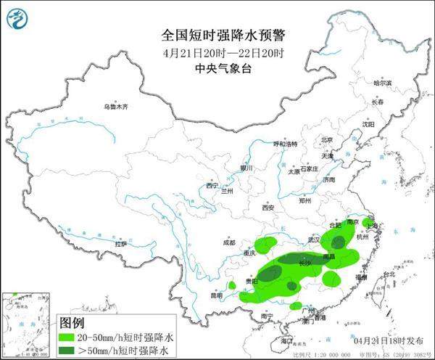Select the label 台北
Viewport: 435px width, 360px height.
[x=389, y=274]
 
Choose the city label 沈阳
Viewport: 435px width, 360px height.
[x=369, y=125]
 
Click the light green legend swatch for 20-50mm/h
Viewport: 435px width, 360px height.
[x=74, y=337]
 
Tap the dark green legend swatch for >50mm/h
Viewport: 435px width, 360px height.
[x=74, y=351]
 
